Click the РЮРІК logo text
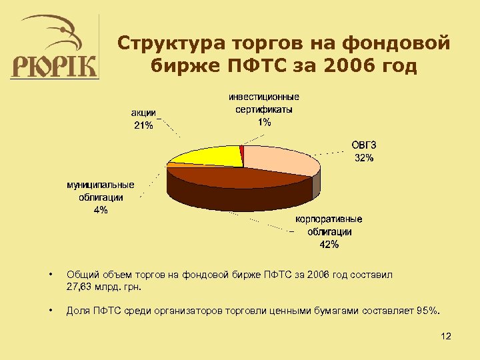(54, 66)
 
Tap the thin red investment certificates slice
(242, 155)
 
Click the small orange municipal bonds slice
(171, 164)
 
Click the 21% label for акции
(143, 125)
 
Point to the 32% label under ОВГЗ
(364, 158)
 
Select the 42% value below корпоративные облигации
(329, 245)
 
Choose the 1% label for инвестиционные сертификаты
(264, 122)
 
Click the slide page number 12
(446, 336)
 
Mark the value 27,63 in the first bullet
(80, 287)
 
